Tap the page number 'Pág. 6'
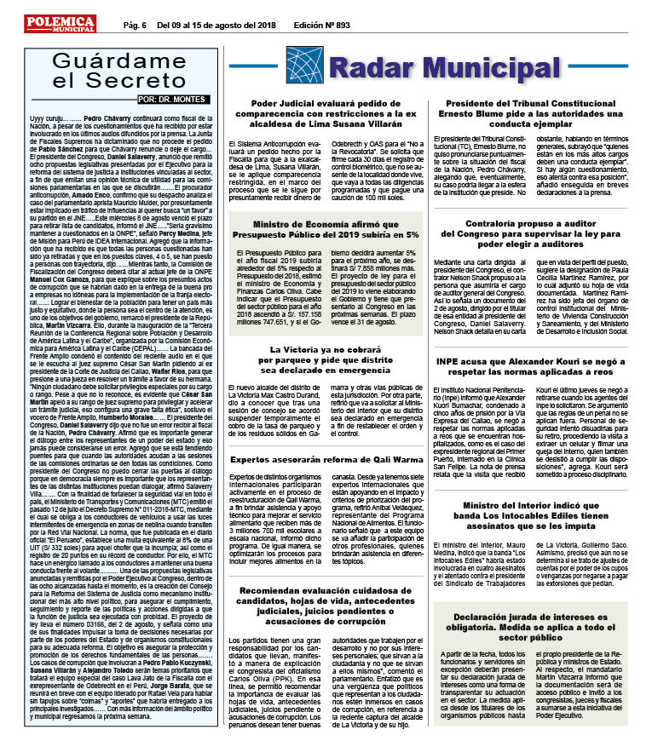(135, 26)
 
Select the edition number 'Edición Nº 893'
(321, 26)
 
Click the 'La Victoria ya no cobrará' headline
(326, 361)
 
